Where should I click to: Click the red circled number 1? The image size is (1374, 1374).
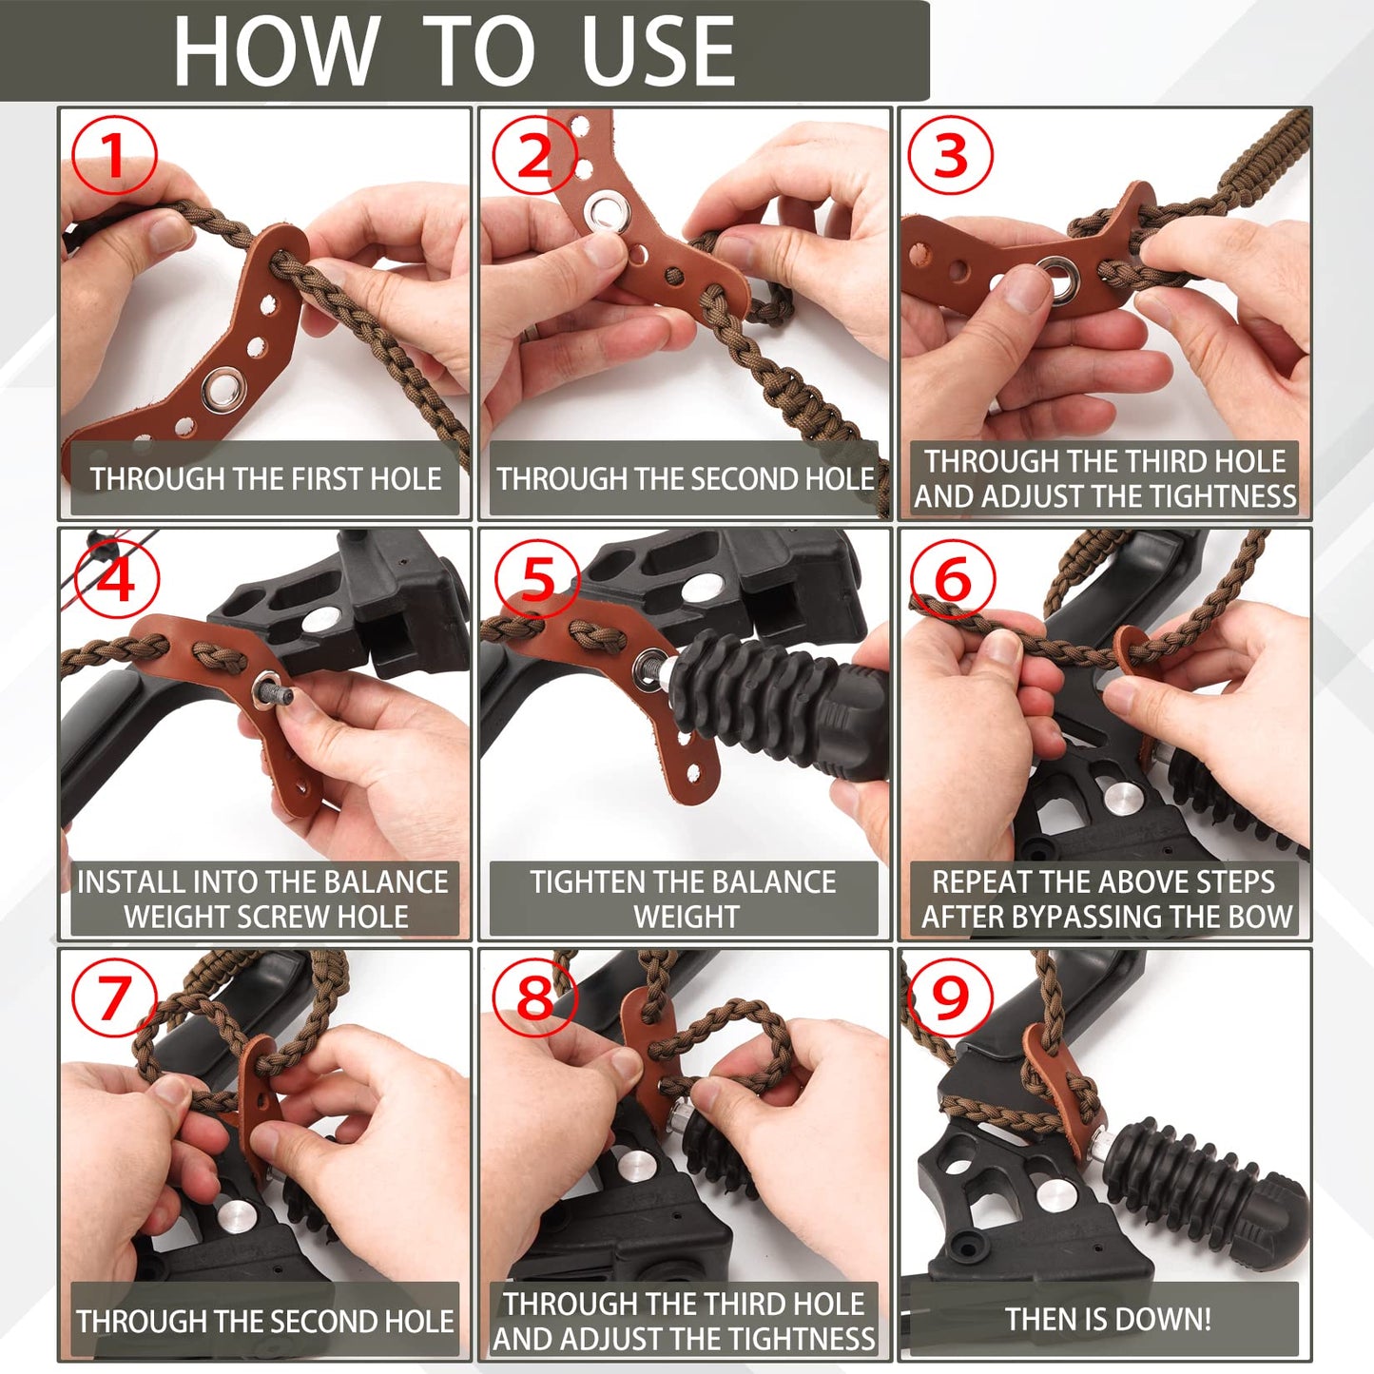pyautogui.click(x=114, y=155)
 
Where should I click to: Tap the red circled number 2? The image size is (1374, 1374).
pyautogui.click(x=534, y=155)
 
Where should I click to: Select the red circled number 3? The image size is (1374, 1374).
pyautogui.click(x=951, y=155)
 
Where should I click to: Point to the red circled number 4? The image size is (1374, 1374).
pyautogui.click(x=116, y=578)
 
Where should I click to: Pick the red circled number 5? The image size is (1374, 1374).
pyautogui.click(x=537, y=578)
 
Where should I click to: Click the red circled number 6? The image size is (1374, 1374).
pyautogui.click(x=953, y=578)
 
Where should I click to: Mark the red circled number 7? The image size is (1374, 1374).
pyautogui.click(x=114, y=998)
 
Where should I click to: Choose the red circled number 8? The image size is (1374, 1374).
pyautogui.click(x=534, y=998)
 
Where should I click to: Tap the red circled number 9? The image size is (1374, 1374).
pyautogui.click(x=951, y=998)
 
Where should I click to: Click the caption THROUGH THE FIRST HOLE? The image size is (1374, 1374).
pyautogui.click(x=265, y=478)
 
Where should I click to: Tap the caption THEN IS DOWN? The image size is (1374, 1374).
pyautogui.click(x=1108, y=1319)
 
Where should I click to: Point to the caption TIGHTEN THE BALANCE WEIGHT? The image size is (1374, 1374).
pyautogui.click(x=684, y=899)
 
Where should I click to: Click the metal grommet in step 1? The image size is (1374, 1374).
pyautogui.click(x=223, y=390)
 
